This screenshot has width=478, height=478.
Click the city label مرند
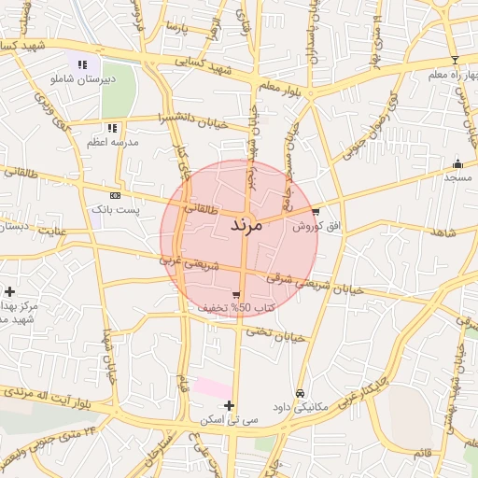click(x=249, y=226)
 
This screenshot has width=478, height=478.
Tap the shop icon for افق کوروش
click(x=316, y=212)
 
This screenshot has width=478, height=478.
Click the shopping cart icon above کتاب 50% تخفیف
click(x=221, y=295)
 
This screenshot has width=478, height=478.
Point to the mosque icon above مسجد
click(x=457, y=163)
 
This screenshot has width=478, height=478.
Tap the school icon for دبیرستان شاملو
click(x=82, y=65)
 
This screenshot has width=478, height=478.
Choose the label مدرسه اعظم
click(x=113, y=141)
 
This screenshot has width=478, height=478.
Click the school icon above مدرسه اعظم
click(x=112, y=128)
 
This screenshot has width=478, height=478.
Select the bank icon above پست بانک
click(x=115, y=195)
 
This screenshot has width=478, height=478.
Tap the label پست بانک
click(x=115, y=209)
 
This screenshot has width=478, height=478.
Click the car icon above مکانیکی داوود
click(x=300, y=394)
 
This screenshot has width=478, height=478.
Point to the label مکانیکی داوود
click(x=300, y=408)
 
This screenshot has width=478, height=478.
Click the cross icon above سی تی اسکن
click(x=230, y=405)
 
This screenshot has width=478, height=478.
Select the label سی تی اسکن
click(x=224, y=420)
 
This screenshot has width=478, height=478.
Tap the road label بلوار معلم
click(x=276, y=87)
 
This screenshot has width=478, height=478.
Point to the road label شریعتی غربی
click(x=189, y=264)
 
